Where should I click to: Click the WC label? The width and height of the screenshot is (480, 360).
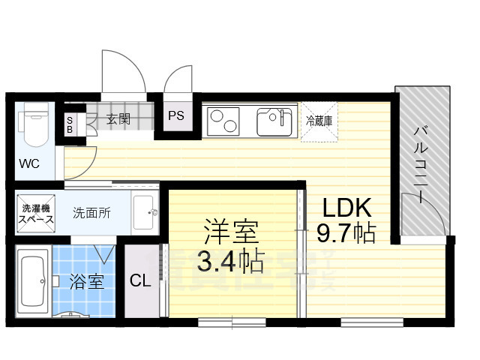click(x=29, y=163)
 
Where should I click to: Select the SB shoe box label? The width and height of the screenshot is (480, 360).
click(x=70, y=124)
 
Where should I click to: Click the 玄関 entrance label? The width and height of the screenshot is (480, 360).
click(x=118, y=118)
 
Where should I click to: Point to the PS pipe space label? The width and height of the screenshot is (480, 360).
click(x=175, y=115)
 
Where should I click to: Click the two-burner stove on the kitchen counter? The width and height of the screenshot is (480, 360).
click(x=223, y=120)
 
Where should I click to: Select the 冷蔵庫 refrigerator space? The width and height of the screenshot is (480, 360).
click(x=318, y=120)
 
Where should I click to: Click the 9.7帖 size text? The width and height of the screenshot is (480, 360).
click(x=346, y=233)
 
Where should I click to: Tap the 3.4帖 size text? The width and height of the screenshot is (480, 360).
click(x=229, y=262)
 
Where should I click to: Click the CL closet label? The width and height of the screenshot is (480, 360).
click(x=140, y=281)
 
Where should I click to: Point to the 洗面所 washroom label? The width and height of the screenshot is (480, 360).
click(x=91, y=213)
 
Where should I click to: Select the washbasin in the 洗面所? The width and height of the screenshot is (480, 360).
click(x=145, y=212)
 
